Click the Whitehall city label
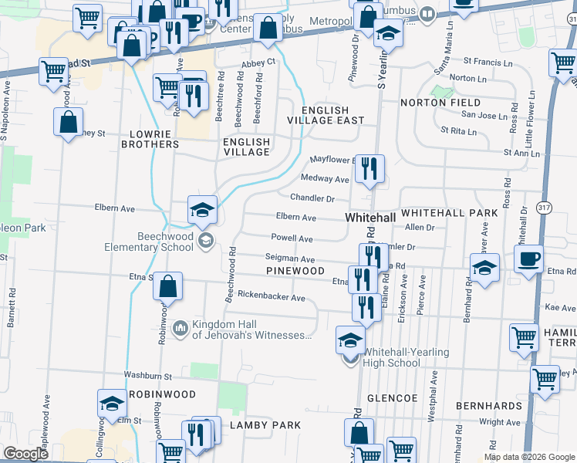370,218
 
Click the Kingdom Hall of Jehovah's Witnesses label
251,330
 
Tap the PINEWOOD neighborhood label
295,272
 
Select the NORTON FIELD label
440,103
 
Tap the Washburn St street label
150,375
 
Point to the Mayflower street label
331,160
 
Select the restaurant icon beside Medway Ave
370,169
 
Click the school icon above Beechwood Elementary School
202,211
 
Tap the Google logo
25,454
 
